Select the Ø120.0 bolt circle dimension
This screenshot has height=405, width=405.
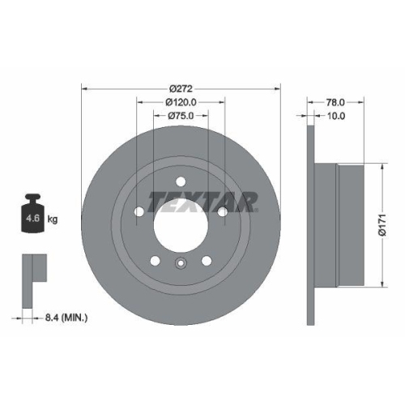(x=180, y=102)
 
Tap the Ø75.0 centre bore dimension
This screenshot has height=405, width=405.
(x=180, y=116)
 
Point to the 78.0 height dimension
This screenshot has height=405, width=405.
(x=335, y=102)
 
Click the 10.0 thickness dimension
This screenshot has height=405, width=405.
(x=335, y=116)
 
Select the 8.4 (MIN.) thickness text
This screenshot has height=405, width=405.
(x=66, y=318)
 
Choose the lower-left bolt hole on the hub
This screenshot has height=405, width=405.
(x=153, y=260)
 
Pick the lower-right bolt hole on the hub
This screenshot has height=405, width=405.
(x=206, y=260)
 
